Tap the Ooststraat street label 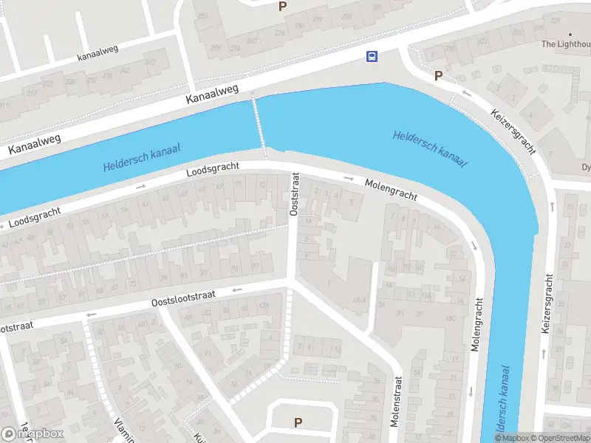294,196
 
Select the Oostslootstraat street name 183,298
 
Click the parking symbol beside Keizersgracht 438,75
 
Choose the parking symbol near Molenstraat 298,422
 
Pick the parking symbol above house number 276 281,7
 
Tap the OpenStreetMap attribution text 558,438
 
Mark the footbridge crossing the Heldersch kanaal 259,126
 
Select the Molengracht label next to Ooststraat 390,190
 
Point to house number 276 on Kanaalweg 280,32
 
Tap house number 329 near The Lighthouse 555,20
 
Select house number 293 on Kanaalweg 202,16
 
